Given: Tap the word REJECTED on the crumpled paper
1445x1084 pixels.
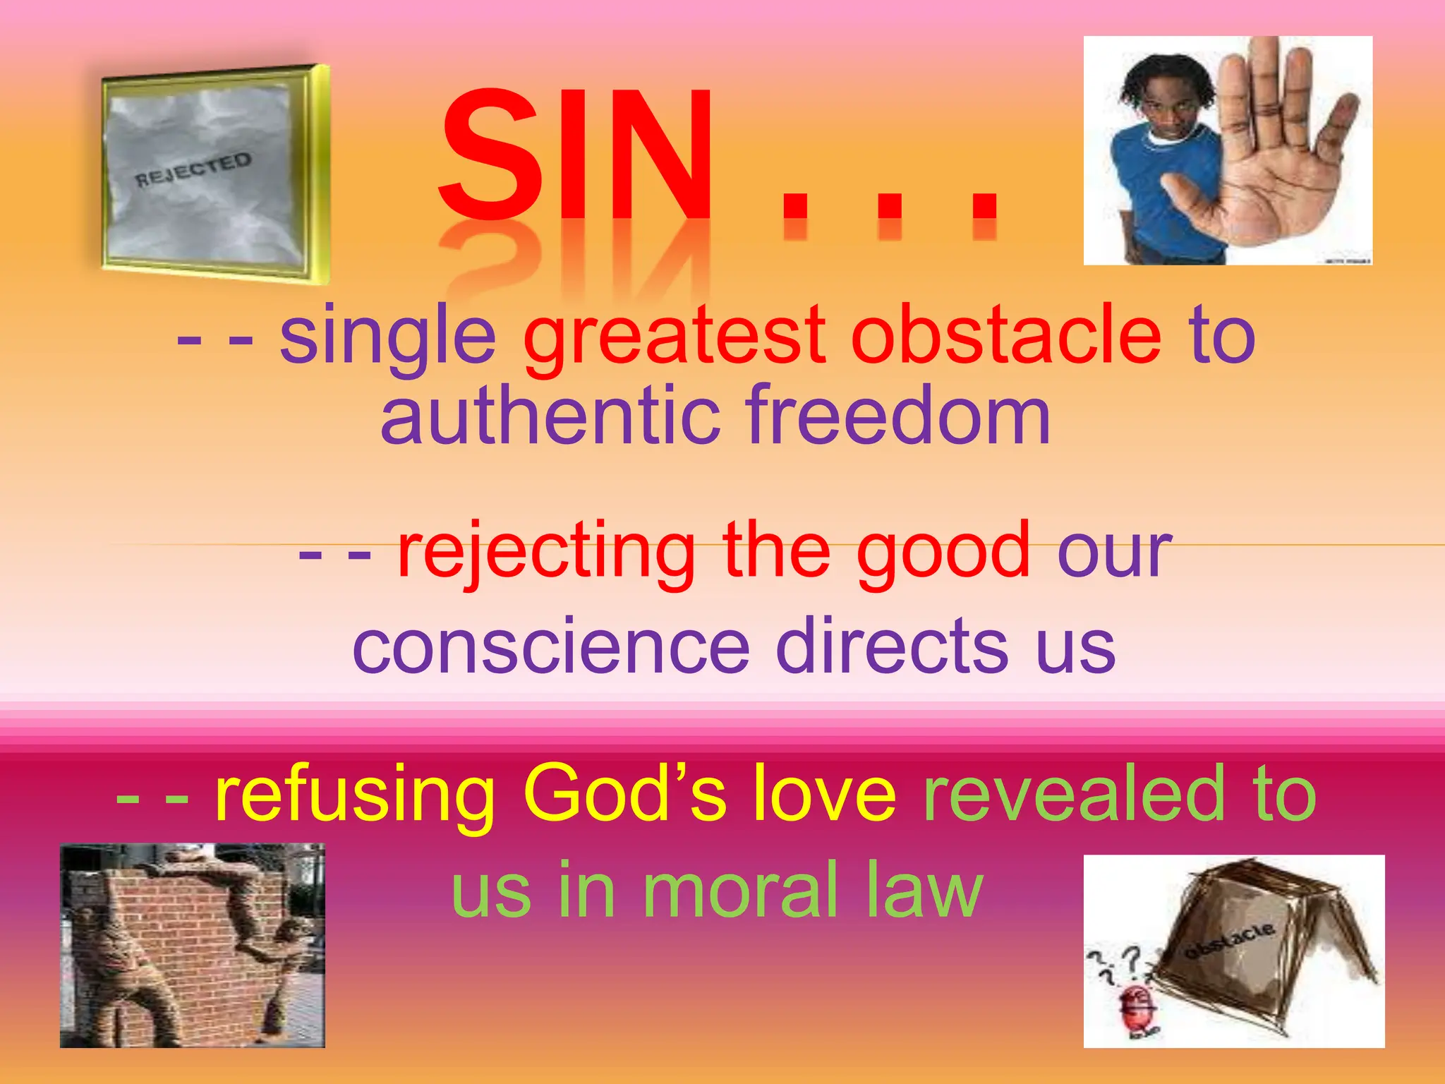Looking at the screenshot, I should click(193, 170).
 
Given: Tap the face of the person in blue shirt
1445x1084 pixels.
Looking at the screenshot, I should click(1164, 106).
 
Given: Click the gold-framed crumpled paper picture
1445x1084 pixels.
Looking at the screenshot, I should click(212, 173).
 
